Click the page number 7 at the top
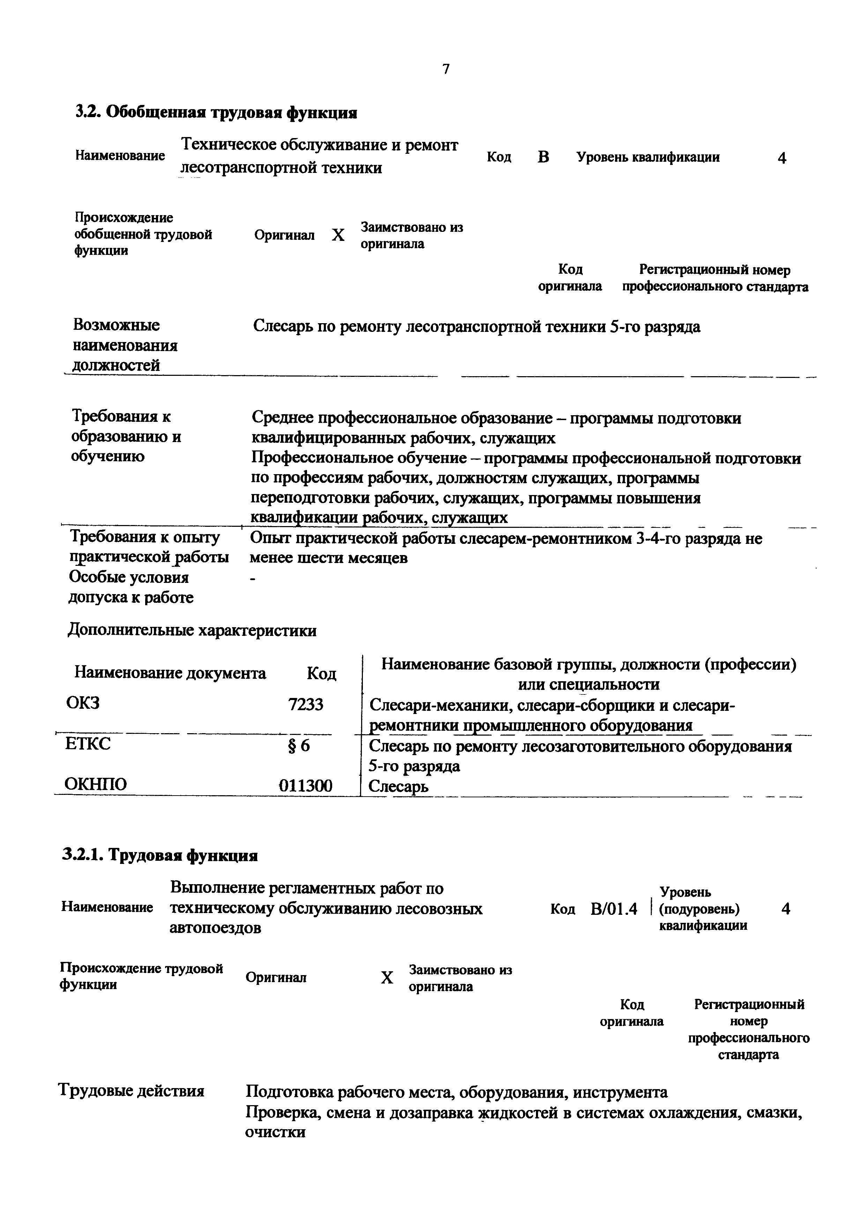(446, 69)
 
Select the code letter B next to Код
(543, 157)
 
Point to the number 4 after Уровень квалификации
(781, 158)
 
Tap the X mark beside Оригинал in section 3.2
(338, 235)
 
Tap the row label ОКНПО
(96, 784)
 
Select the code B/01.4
(613, 909)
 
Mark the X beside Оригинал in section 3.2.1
(387, 978)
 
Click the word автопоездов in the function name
(215, 928)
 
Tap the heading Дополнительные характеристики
(192, 631)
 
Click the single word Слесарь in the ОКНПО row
(399, 786)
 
